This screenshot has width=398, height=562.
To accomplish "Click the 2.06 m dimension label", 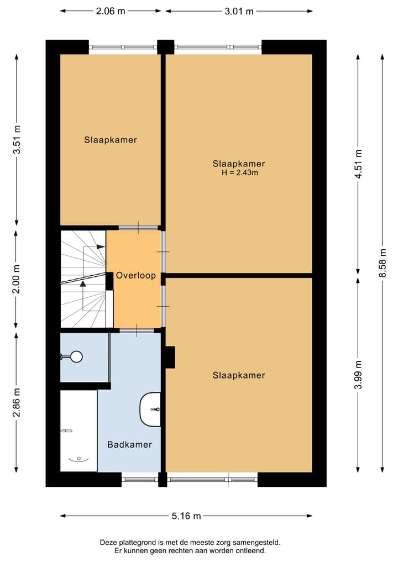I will [111, 10].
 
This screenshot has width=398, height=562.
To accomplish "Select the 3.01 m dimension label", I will [239, 10].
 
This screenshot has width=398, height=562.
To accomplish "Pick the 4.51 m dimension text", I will [359, 164].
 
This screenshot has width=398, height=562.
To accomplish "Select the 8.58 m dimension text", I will [383, 264].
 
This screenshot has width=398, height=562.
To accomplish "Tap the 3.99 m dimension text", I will [359, 375].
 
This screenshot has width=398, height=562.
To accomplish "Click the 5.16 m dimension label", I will [186, 516].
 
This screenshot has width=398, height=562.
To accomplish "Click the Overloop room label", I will [135, 275].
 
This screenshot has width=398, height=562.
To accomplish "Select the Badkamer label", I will [129, 444].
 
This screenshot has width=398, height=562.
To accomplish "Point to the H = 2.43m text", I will [239, 173].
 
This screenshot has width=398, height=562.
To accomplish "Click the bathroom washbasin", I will [151, 409].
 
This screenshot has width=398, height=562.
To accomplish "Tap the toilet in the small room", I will [74, 357].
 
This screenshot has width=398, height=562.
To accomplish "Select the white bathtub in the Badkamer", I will [78, 430].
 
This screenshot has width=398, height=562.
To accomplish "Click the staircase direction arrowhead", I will [83, 283].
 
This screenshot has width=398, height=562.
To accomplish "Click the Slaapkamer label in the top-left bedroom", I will [111, 140].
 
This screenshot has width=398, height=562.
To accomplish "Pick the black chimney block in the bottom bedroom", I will [169, 358].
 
